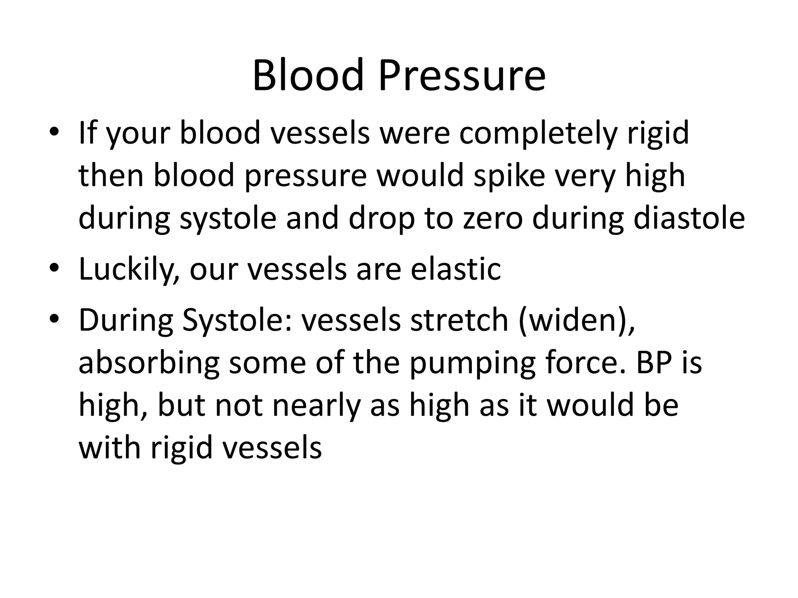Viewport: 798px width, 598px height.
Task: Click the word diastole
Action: [689, 218]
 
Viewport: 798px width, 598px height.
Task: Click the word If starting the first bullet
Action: [89, 133]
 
